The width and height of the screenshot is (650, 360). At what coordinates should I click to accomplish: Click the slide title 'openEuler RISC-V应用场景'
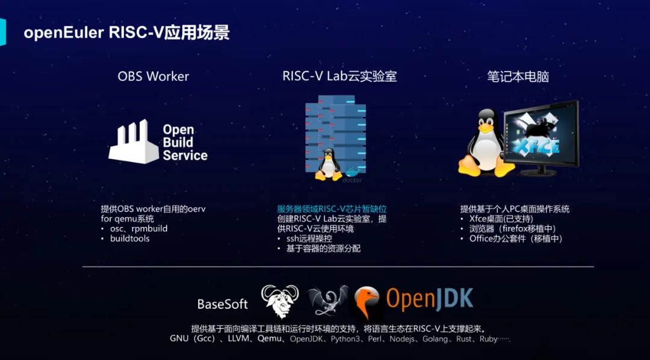coord(126,32)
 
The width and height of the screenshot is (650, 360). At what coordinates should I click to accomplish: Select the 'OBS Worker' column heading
coord(153,76)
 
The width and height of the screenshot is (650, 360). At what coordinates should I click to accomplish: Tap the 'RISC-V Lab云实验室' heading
coord(339,76)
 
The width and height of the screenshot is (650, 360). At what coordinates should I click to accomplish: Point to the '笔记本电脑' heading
coord(518,76)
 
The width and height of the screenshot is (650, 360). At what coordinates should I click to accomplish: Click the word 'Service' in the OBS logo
coord(185,155)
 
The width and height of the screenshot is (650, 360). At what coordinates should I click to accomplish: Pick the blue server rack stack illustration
coord(335,129)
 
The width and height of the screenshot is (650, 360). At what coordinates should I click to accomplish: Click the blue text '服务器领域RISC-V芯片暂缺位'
coord(332,209)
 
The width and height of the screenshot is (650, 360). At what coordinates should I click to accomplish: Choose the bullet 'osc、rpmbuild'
coord(138,229)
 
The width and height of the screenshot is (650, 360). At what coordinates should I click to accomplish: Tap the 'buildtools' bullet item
coord(129,238)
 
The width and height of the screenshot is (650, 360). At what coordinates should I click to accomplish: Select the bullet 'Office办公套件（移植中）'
coord(516,238)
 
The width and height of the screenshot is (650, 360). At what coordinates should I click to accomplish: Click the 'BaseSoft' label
coord(223,305)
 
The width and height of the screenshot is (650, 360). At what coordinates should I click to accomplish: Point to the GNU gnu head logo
coord(280,301)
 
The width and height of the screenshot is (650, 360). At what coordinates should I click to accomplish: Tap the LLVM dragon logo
coord(327,301)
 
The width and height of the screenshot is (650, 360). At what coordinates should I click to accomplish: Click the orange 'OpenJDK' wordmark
coord(429,299)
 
